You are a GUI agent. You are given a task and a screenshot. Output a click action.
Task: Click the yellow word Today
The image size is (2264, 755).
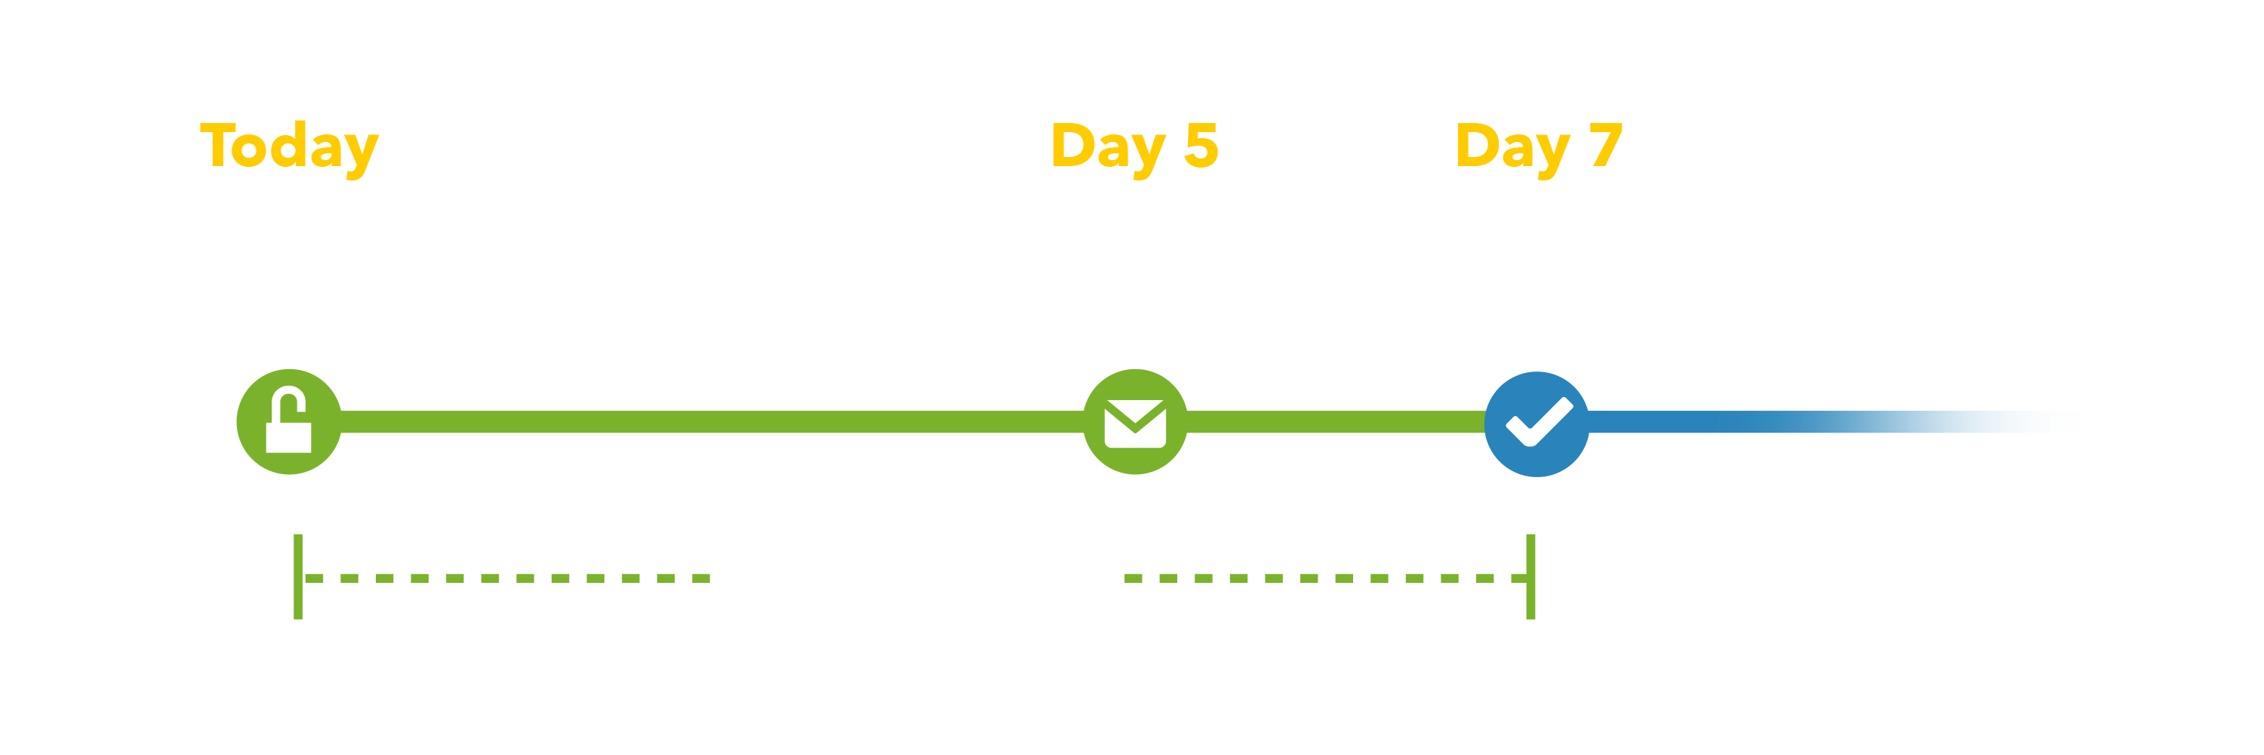tap(289, 146)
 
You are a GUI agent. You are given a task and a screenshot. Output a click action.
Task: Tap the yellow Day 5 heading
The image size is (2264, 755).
tap(1134, 146)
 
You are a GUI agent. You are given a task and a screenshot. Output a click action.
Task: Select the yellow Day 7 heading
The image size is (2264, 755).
tap(1538, 146)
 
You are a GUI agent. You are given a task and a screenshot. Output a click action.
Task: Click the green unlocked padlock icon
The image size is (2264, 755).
tap(289, 422)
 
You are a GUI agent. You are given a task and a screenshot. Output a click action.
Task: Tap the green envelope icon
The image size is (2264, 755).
tap(1134, 422)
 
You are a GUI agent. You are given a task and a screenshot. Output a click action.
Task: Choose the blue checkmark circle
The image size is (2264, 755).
tap(1537, 424)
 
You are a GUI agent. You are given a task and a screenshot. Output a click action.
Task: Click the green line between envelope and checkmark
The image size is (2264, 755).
tap(1336, 422)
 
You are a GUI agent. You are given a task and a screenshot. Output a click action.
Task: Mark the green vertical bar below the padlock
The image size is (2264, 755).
tap(298, 576)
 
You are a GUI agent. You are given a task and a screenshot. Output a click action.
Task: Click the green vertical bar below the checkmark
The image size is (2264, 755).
tap(1531, 576)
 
